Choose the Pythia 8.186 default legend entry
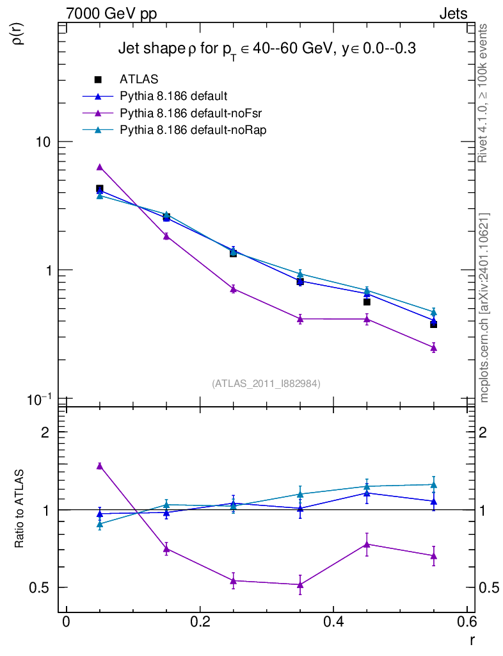(x=173, y=97)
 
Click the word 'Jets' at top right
(x=452, y=14)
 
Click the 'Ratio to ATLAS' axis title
(x=20, y=509)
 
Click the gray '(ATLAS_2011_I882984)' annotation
(x=266, y=384)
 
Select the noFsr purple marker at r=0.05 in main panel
(x=99, y=167)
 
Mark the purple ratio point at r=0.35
(x=300, y=584)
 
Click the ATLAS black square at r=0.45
(x=367, y=302)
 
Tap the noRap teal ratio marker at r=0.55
(x=433, y=485)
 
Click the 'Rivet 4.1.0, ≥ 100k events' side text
(x=483, y=93)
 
